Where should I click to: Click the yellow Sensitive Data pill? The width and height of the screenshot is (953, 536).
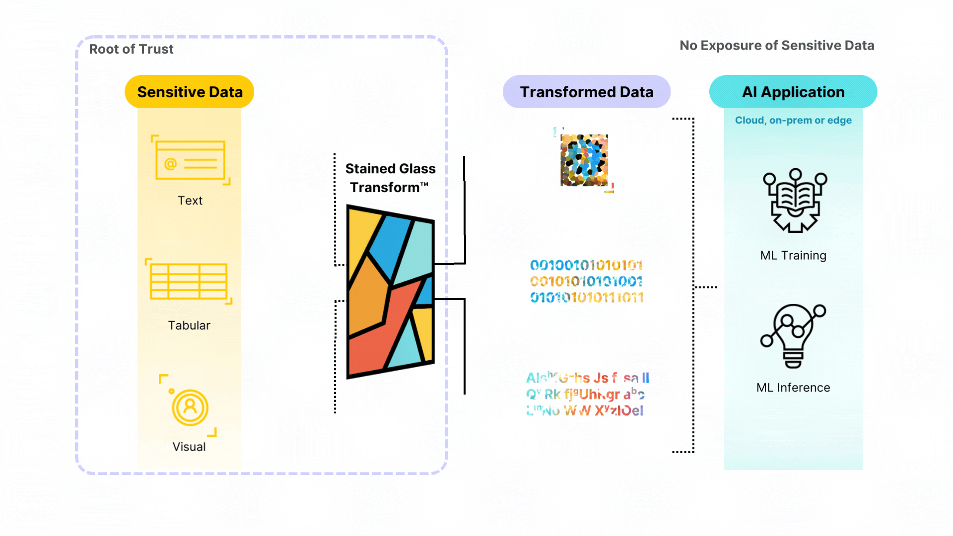coord(189,92)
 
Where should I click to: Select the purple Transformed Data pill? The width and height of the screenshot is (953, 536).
coord(586,92)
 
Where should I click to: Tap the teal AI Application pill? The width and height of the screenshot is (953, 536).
coord(793,92)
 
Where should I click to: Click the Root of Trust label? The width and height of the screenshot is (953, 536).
coord(131,49)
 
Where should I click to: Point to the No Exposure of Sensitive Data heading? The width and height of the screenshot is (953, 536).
coord(776,46)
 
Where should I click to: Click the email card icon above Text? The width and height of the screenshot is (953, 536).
coord(190,160)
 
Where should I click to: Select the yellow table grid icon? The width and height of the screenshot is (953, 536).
coord(189,281)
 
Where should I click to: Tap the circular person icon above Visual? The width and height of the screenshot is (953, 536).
coord(190,407)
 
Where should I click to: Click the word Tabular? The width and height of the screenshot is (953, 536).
coord(189,326)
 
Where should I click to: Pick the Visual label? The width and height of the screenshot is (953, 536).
coord(189,447)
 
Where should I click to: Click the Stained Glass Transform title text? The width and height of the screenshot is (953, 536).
coord(390,178)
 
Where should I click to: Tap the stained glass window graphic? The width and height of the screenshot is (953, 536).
coord(390,292)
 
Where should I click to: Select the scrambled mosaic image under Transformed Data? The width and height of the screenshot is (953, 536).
coord(584,160)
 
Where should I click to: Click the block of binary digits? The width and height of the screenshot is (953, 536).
coord(586,281)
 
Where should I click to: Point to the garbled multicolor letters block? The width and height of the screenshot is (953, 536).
coord(587,394)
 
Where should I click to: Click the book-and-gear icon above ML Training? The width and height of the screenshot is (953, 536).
coord(795,201)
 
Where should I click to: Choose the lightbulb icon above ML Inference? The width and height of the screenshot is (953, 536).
coord(793,335)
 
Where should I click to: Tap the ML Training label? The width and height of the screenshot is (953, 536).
coord(793,256)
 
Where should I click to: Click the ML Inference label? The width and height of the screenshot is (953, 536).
coord(793,388)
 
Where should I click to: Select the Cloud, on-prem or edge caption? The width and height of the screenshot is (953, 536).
coord(793,121)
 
